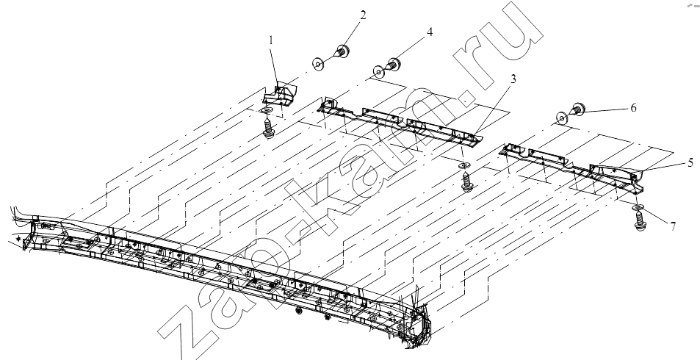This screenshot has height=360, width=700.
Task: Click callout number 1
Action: [270, 40]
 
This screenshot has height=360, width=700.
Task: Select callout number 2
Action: [363, 15]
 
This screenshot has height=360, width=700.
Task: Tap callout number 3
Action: [513, 79]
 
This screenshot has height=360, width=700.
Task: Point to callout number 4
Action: [429, 32]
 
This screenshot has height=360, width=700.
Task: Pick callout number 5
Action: [690, 163]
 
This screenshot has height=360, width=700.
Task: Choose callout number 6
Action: [633, 108]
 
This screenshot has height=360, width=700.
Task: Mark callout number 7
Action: [672, 226]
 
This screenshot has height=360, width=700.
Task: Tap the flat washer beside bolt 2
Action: [318, 64]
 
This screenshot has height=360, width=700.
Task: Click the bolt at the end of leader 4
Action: [393, 64]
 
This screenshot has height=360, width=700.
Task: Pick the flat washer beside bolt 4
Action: [378, 71]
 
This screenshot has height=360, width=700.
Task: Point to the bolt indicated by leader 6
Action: [577, 109]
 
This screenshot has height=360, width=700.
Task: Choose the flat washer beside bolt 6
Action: [562, 118]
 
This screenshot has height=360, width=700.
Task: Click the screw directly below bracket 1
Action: [268, 128]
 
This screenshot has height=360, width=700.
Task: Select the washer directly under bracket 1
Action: [267, 110]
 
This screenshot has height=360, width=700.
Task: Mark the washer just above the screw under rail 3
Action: [465, 166]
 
